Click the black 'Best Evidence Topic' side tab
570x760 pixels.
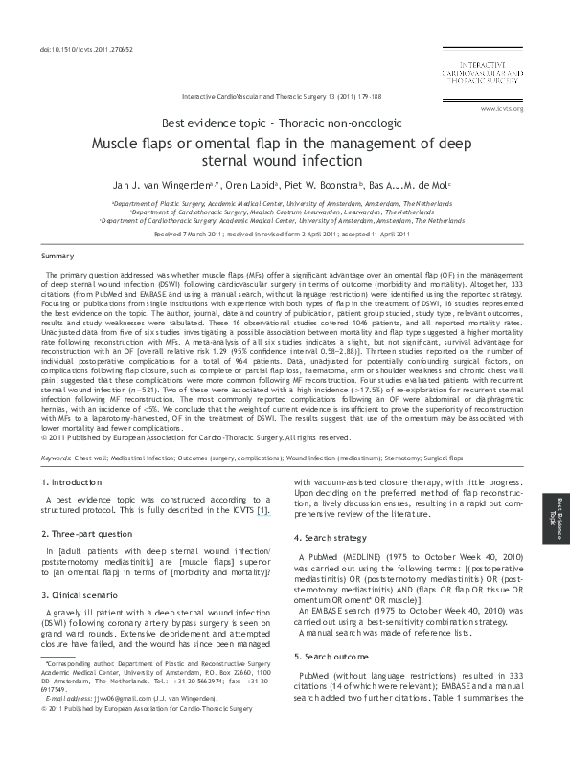[555, 516]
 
